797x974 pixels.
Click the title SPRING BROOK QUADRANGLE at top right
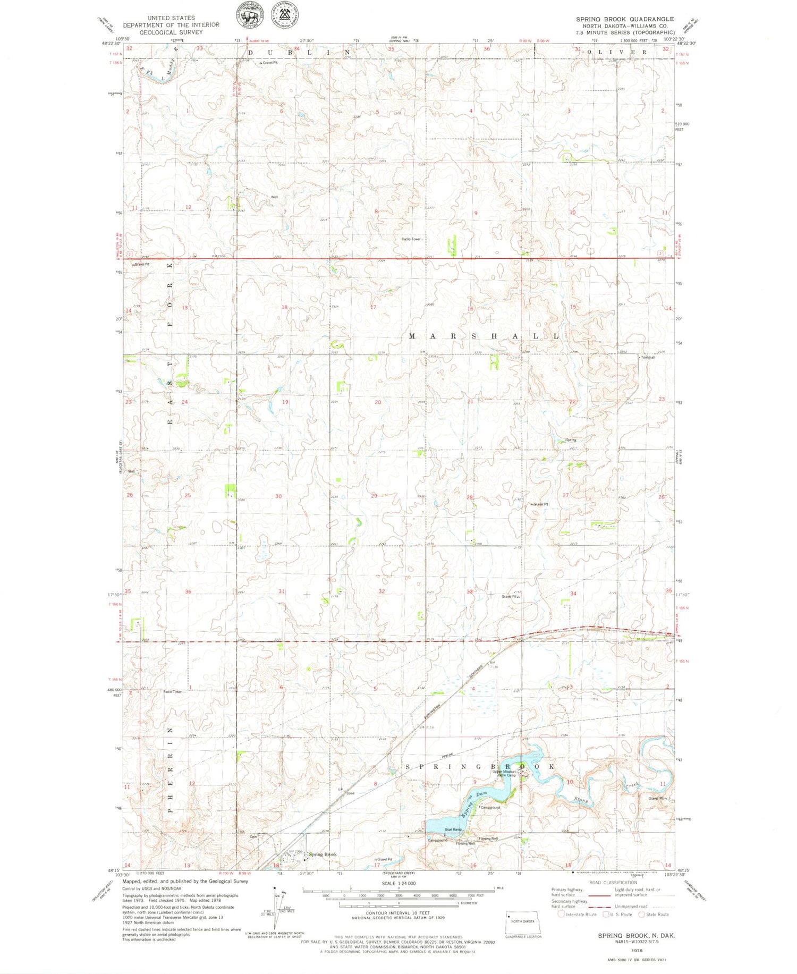(625, 19)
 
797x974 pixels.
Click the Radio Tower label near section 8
(411, 239)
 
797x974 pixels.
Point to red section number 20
(378, 402)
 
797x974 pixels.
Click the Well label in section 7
(274, 197)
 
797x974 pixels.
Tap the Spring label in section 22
(571, 440)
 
